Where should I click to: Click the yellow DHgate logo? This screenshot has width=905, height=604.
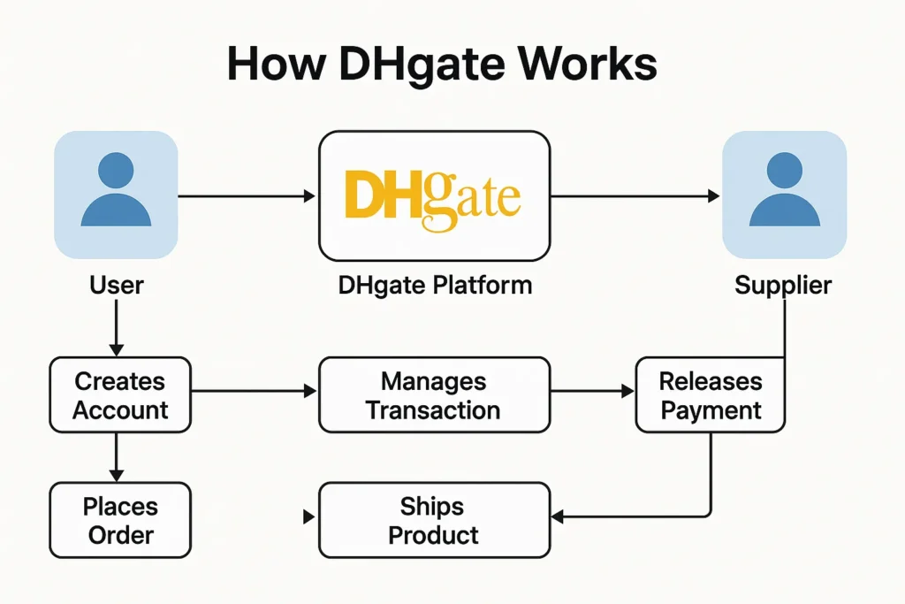[433, 197]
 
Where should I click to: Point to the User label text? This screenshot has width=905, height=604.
[116, 285]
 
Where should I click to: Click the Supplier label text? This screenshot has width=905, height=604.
[783, 285]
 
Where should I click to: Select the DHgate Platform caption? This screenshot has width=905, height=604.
[435, 285]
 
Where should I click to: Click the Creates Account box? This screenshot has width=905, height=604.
[120, 395]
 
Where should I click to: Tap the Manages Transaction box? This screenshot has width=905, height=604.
[433, 395]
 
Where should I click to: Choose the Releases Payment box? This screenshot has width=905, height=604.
[711, 395]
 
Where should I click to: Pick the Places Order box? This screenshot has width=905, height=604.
[119, 520]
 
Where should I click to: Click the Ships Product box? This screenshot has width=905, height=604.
[433, 520]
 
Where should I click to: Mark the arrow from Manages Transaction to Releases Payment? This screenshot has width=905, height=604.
[592, 391]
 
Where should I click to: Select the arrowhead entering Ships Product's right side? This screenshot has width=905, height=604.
[557, 516]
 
